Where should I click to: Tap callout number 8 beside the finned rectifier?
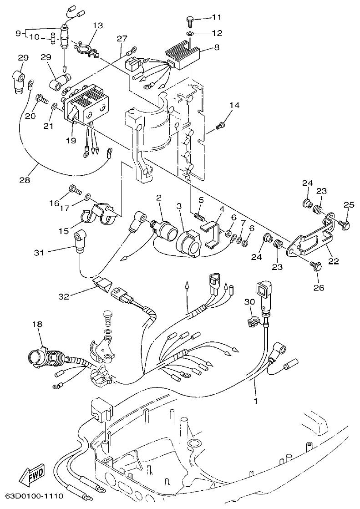point(217,46)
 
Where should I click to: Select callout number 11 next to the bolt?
point(216,17)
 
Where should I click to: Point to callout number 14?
point(234,106)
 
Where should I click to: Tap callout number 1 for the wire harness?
point(256,401)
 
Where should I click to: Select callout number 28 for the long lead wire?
point(25,180)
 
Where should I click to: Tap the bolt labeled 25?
point(345,224)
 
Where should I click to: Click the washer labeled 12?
point(190,34)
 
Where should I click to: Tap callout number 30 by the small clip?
point(249,301)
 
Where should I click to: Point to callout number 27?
point(122,39)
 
